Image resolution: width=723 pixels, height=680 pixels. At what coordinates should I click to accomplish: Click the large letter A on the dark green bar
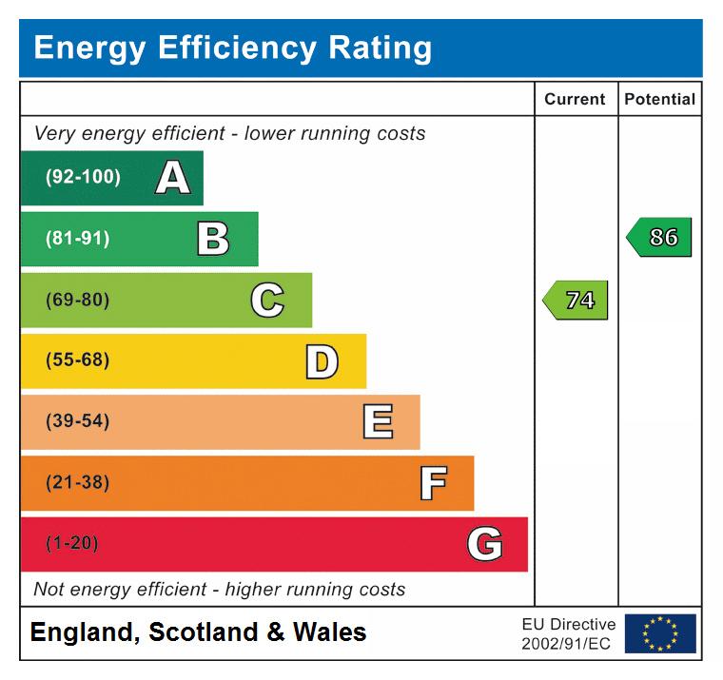click(172, 177)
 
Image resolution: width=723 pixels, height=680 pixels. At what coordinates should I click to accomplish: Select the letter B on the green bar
click(213, 239)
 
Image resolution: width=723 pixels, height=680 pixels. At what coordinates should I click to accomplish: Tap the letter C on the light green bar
click(267, 301)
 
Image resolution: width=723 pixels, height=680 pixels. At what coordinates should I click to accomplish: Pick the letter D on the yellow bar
click(322, 361)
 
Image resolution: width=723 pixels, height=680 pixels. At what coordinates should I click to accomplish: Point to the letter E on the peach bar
click(378, 422)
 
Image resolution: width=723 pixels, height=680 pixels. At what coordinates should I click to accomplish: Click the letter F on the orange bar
click(433, 483)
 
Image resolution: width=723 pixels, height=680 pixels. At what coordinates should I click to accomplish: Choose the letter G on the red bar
click(485, 544)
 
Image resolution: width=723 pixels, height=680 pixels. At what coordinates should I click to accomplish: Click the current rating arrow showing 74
click(576, 301)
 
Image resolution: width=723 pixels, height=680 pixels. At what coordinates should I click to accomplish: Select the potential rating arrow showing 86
click(660, 238)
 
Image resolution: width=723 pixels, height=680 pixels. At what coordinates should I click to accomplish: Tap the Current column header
click(575, 99)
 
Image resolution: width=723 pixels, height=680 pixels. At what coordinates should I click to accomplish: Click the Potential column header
click(659, 99)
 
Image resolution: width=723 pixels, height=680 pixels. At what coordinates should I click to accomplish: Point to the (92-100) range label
click(83, 177)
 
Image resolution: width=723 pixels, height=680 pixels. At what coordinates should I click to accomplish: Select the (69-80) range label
click(77, 301)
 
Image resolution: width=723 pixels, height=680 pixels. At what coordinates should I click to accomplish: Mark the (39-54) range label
click(77, 422)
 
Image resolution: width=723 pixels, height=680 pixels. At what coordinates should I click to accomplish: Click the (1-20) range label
click(72, 544)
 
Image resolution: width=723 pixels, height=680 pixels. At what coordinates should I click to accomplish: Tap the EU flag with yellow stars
click(659, 633)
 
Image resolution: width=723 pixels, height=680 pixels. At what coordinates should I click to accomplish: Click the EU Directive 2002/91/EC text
click(568, 633)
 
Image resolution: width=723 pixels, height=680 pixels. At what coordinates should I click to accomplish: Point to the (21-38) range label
click(77, 483)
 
